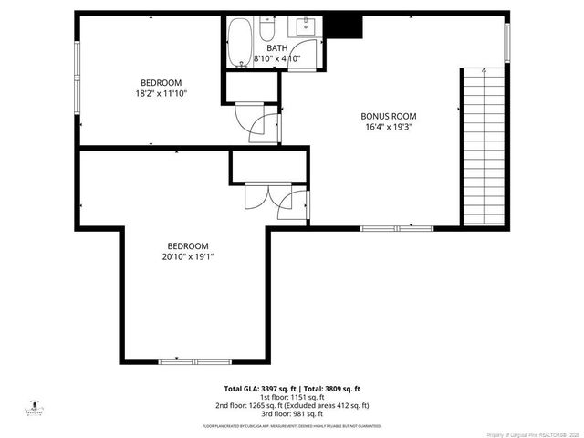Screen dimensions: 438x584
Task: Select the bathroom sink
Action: (x=303, y=26)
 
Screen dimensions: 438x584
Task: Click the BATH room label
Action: (x=278, y=48)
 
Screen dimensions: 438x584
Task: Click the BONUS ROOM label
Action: (x=388, y=116)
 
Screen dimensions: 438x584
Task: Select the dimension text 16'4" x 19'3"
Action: (x=388, y=128)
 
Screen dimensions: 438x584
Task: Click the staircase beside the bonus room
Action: (x=481, y=146)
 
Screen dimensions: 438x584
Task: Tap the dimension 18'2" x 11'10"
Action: (x=161, y=92)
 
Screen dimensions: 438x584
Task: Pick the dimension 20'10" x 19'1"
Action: (x=188, y=257)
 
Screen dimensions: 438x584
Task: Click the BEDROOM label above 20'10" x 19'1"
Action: (x=188, y=245)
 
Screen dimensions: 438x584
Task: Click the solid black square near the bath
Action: (x=345, y=26)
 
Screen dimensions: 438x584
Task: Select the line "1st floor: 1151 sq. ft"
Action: (x=292, y=397)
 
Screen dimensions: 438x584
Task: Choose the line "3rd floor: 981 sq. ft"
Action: (x=292, y=414)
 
